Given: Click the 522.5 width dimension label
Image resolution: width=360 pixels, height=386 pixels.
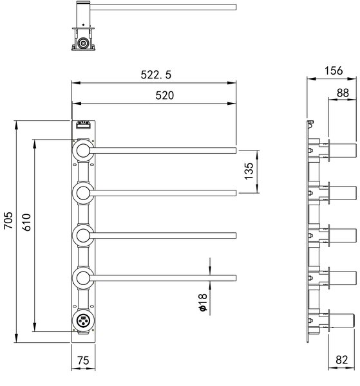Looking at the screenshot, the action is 156,75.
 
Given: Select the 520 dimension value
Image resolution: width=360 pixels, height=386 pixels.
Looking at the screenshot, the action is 165,95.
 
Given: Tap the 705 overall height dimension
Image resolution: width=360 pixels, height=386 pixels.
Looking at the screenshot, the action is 8,220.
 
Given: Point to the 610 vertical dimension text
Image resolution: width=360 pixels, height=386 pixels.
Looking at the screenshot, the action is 26,223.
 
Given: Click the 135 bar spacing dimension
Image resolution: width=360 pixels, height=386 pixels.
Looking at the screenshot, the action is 249,171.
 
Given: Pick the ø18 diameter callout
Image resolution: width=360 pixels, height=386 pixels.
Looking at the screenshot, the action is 204,302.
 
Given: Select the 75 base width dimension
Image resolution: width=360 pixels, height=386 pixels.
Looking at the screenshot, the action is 83,361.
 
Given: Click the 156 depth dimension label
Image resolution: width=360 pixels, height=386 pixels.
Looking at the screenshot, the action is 334,71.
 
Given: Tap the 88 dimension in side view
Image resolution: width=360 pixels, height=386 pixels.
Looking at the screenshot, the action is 343,93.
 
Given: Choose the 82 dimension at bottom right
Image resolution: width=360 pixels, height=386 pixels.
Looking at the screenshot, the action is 342,360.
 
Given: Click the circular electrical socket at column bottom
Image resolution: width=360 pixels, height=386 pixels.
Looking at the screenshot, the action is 83,320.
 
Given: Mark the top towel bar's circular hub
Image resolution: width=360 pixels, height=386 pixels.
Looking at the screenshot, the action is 83,151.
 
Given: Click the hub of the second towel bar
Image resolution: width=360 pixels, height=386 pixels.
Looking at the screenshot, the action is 83,193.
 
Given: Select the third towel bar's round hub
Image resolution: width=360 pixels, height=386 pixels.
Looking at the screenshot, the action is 83,235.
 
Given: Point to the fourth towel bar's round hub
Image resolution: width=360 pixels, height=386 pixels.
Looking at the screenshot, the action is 83,278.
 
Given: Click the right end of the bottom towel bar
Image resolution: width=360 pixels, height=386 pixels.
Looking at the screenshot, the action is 236,278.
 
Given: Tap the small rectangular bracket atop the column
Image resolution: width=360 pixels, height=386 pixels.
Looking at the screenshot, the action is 83,125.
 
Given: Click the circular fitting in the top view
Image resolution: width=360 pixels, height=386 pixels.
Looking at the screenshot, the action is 83,43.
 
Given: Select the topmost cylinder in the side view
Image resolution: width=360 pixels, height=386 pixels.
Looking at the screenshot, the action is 343,151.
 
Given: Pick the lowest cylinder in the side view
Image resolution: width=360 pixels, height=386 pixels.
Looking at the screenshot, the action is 342,320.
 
